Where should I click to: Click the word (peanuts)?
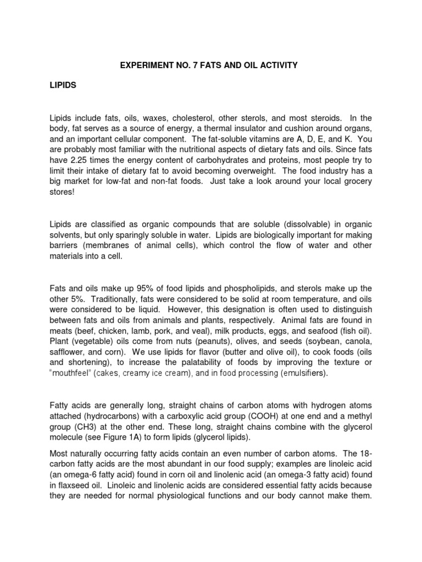(x=226, y=340)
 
